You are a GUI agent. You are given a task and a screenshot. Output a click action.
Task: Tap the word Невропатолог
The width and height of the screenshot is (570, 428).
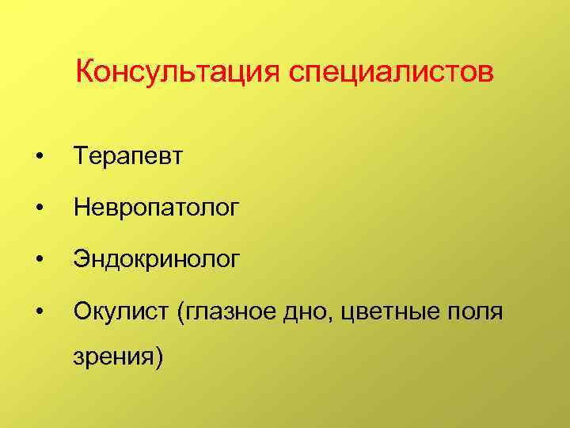pyautogui.click(x=154, y=208)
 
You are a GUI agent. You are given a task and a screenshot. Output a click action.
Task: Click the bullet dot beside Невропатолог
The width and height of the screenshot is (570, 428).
pyautogui.click(x=39, y=209)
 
